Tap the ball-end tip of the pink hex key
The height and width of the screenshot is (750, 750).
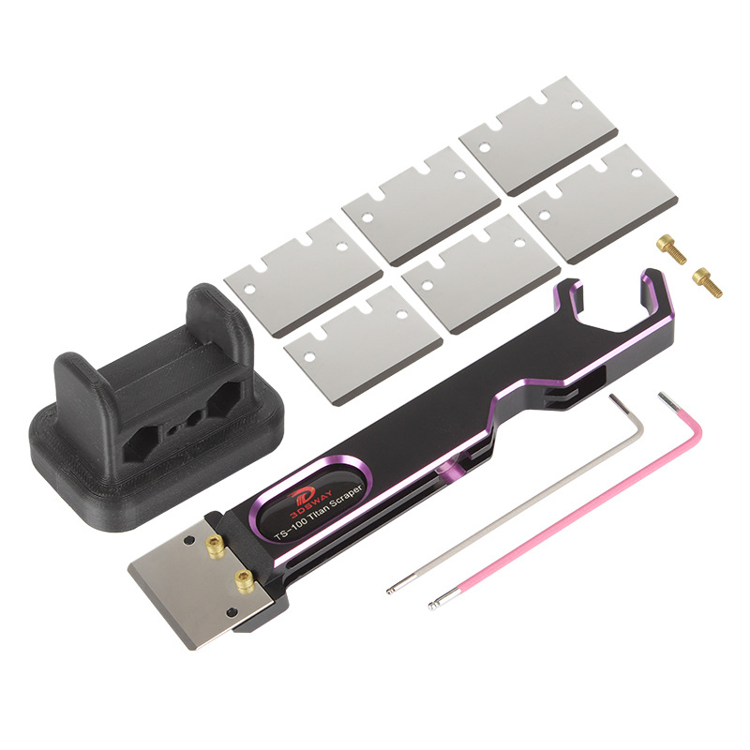(432, 606)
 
